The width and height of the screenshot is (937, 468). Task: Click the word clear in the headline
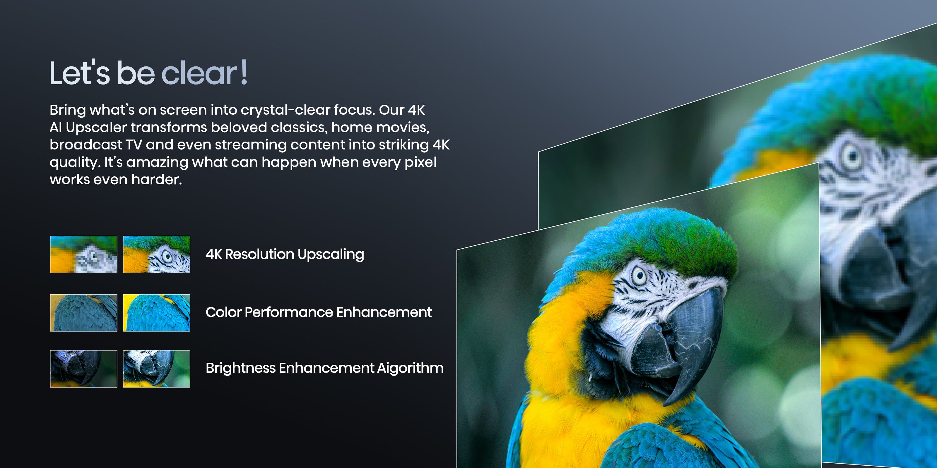tap(199, 73)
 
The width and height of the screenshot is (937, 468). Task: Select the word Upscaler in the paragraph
tap(96, 128)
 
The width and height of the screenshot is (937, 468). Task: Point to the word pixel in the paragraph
tap(420, 162)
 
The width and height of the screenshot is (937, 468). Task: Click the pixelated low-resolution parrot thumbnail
tap(84, 254)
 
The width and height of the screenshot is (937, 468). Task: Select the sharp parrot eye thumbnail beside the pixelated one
tap(156, 254)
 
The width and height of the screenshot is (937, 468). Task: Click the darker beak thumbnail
tap(84, 369)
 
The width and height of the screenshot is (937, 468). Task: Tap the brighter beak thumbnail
tap(156, 369)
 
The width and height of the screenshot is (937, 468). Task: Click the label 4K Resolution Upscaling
tap(285, 255)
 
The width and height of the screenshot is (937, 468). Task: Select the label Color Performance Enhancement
tap(319, 312)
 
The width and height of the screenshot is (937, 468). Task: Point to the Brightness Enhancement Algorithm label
tap(324, 368)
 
